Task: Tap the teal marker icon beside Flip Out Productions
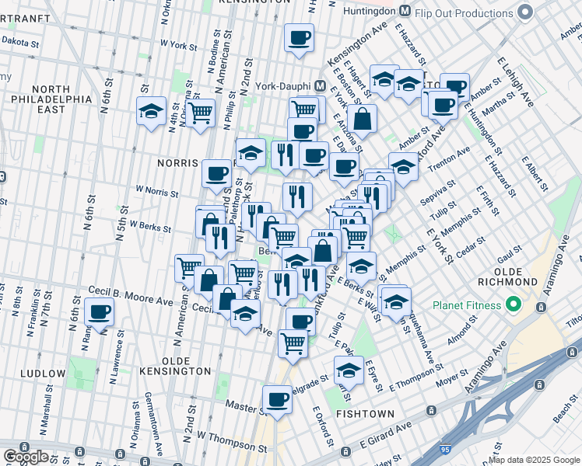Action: [x=524, y=12]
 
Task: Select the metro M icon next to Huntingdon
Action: [x=405, y=12]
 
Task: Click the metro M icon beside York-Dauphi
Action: [x=320, y=85]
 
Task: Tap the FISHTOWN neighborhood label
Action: [x=365, y=414]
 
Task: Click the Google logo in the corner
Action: [x=26, y=457]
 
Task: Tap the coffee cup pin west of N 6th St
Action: [x=99, y=312]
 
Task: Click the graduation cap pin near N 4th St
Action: [x=151, y=111]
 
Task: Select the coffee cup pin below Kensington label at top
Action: [x=298, y=37]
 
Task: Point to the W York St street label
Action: [x=179, y=46]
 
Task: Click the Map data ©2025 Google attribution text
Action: [x=534, y=460]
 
